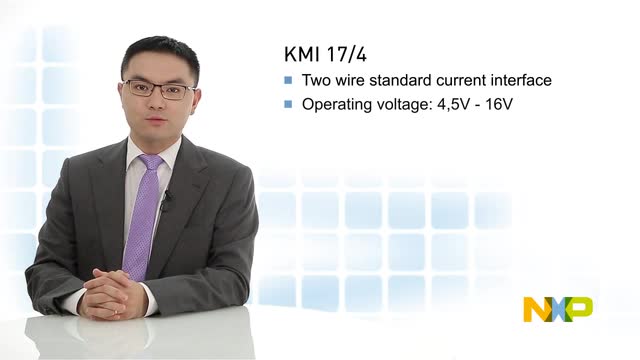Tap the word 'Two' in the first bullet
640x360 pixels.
tap(317, 80)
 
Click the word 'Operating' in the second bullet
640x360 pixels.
tap(335, 104)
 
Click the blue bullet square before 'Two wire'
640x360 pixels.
tap(289, 80)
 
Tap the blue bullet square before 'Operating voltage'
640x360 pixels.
tap(289, 104)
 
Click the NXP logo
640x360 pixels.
tap(557, 309)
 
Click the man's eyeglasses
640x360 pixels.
tap(159, 89)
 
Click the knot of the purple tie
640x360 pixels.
tap(150, 163)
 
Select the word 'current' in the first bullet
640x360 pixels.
tap(456, 80)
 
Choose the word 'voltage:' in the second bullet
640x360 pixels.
tap(412, 104)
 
